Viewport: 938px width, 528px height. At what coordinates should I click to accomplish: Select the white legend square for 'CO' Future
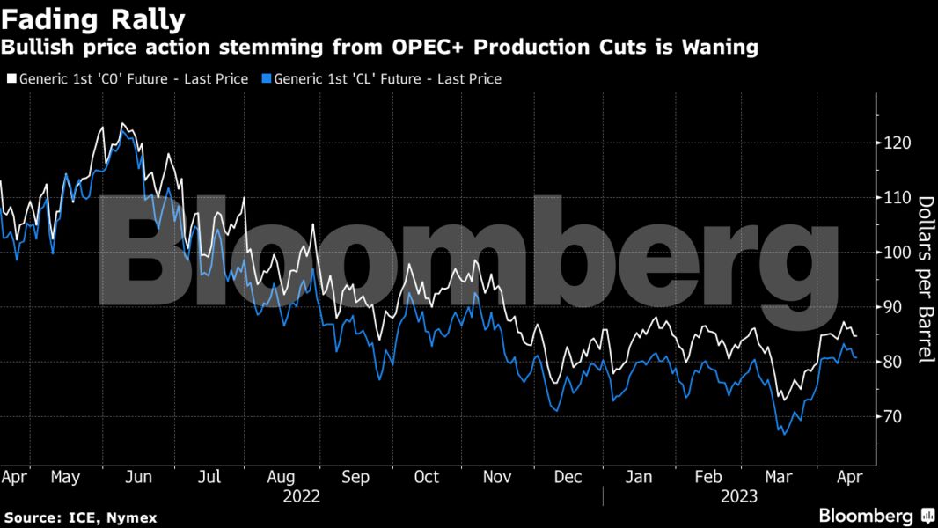[x=11, y=79]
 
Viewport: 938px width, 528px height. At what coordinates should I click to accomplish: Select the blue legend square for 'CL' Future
[x=267, y=79]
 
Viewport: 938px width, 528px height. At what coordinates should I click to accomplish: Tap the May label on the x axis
[x=66, y=477]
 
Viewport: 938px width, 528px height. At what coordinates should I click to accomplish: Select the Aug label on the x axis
[x=281, y=477]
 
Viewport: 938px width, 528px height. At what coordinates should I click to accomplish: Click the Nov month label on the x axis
[x=497, y=477]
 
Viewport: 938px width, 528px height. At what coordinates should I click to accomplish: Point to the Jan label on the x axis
[x=639, y=477]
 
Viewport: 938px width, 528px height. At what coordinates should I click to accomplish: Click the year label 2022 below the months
[x=301, y=496]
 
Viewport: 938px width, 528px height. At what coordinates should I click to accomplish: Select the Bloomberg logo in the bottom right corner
[x=876, y=516]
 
